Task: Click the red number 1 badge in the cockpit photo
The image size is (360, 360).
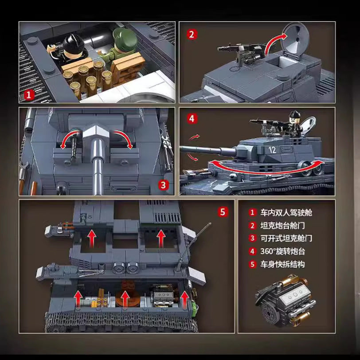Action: (x=29, y=95)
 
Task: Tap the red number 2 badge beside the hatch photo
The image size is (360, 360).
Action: (x=192, y=35)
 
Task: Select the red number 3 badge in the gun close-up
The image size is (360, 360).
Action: (x=163, y=185)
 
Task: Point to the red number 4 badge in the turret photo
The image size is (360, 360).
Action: (x=192, y=119)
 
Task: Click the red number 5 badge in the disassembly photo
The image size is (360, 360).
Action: (x=223, y=211)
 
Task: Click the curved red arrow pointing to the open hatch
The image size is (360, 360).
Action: (x=273, y=43)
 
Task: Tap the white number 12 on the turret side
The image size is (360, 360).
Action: (x=273, y=150)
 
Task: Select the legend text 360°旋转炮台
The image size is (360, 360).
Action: (x=282, y=251)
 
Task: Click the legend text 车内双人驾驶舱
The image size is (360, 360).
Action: (x=286, y=213)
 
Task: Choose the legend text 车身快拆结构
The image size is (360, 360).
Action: (x=282, y=265)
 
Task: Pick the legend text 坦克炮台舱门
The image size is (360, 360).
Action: (x=282, y=226)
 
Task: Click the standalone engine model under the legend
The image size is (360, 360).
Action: (x=286, y=301)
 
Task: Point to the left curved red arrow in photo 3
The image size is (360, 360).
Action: (x=69, y=138)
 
